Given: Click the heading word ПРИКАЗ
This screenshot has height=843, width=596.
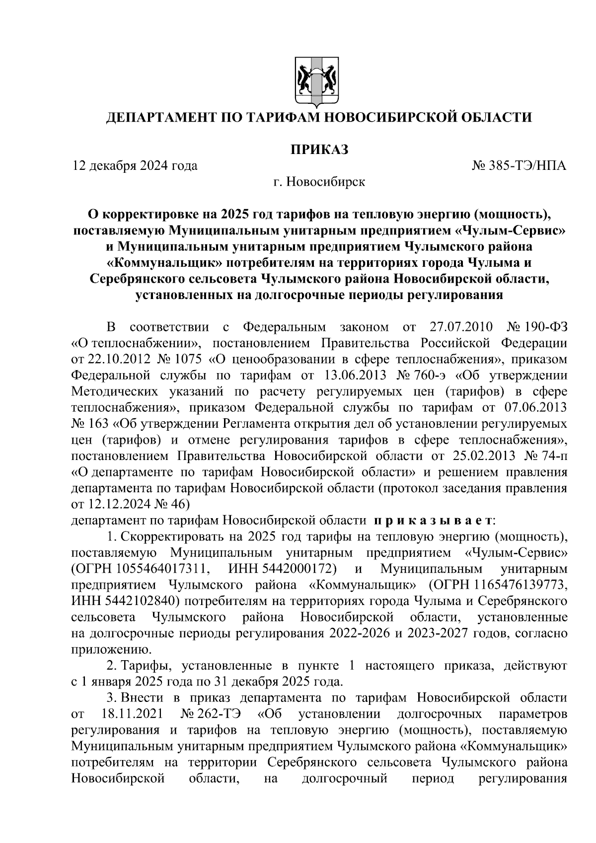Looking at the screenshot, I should [319, 149].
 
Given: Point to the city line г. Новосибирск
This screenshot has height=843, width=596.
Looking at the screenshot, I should [319, 182].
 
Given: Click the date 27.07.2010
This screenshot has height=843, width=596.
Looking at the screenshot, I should [459, 327].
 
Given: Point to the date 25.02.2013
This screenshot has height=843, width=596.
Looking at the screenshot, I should [486, 456].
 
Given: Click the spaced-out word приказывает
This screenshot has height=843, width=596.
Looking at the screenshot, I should [433, 520].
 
